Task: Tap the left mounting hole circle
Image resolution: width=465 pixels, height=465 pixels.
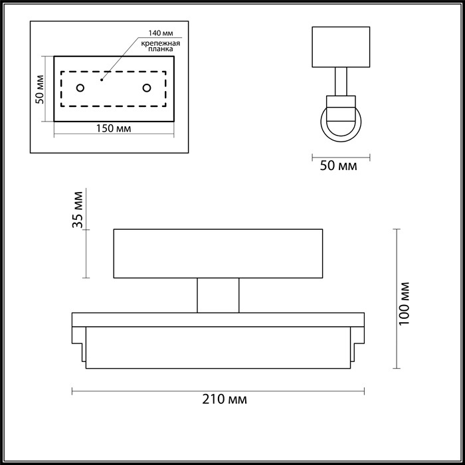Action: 80,88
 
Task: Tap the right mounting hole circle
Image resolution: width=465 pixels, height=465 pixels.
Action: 146,88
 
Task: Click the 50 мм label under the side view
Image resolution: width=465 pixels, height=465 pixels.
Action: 338,166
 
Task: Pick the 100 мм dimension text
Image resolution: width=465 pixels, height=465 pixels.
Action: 407,303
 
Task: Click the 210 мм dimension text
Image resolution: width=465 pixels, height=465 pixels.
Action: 218,399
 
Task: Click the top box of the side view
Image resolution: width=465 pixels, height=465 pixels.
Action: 341,46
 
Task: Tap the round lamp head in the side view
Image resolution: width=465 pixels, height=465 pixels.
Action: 341,120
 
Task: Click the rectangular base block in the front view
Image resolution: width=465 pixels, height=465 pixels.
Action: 218,253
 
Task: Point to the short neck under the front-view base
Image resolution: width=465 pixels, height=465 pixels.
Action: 218,295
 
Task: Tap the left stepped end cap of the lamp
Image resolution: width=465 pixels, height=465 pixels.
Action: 78,339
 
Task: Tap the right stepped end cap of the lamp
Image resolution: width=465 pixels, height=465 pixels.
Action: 358,339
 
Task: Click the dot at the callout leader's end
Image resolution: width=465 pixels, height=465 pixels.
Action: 102,79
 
